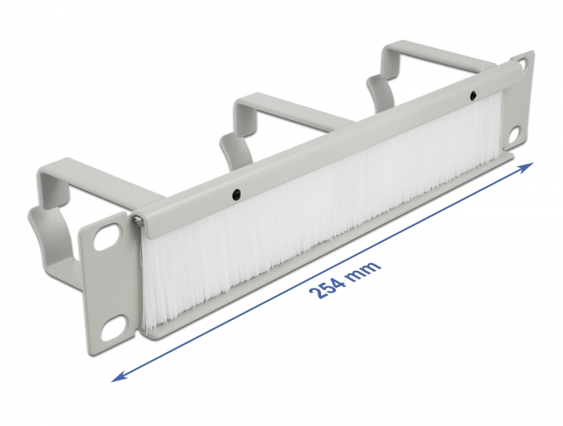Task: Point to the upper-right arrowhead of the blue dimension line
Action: point(527,166)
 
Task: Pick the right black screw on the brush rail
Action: point(474,96)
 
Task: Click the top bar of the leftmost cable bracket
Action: point(80,170)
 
